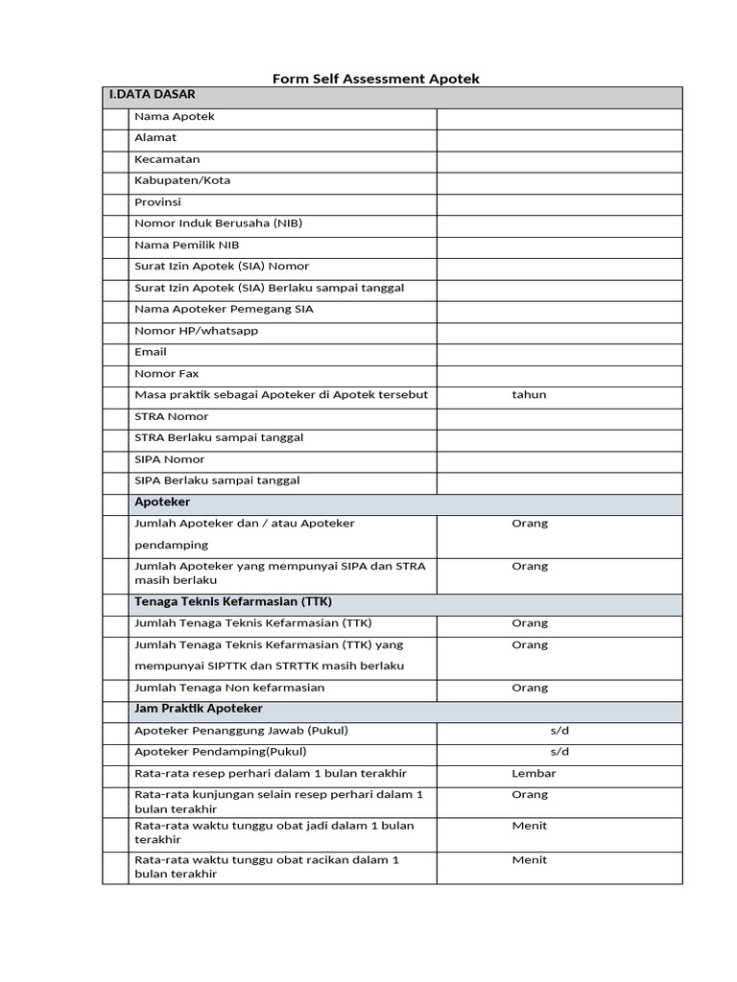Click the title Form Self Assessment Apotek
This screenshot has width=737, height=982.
point(375,79)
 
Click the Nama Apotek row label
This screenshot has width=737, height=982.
point(175,117)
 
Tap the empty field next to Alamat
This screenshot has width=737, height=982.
point(559,138)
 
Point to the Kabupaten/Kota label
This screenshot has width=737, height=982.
point(182,180)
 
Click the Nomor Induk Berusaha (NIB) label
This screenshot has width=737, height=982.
point(218,223)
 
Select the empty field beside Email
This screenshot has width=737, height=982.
point(559,352)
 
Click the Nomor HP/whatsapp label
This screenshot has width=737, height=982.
point(197,331)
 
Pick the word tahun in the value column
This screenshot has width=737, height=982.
point(529,394)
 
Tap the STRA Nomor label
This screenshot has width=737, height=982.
point(171,416)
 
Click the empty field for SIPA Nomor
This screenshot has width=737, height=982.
point(559,459)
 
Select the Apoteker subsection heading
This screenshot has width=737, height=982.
point(162,503)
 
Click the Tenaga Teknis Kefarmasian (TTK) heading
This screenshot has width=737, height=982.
point(233,602)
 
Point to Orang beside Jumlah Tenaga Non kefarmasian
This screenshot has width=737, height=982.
point(530,688)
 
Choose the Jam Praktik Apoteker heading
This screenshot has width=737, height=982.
point(199,709)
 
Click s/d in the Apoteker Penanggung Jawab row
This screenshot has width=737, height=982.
point(559,731)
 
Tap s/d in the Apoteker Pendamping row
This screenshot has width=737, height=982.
point(559,752)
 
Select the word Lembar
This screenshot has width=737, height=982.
point(534,773)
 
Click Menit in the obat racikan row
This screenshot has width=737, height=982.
point(530,860)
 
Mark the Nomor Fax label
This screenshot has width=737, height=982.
point(167,373)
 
